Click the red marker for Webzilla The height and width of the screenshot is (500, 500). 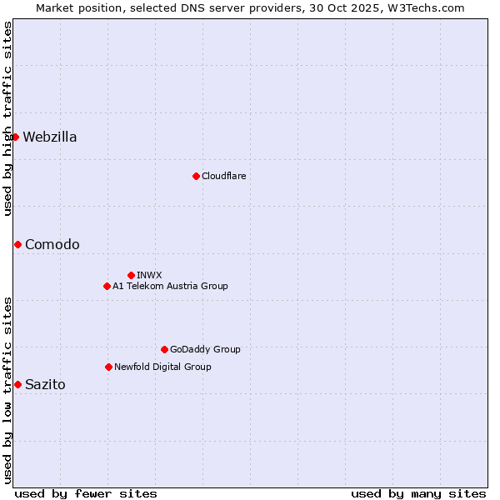tap(15, 137)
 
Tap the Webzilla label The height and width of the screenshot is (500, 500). tap(50, 137)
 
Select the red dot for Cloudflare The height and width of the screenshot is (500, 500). tap(196, 176)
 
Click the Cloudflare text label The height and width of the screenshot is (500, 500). tap(223, 177)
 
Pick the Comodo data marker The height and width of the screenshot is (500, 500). tap(17, 244)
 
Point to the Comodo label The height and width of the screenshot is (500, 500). tap(52, 245)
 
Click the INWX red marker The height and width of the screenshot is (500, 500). tap(131, 275)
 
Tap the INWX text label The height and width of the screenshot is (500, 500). tap(149, 276)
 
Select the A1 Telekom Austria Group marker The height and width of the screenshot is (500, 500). tap(107, 286)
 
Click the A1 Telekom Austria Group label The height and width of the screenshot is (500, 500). tap(170, 287)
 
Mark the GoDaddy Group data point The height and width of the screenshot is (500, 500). tap(164, 349)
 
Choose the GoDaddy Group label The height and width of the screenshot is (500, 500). tap(205, 350)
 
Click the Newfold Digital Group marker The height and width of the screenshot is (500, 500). tap(108, 367)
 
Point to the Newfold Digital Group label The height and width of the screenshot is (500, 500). tap(162, 367)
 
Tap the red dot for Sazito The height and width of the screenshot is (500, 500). tap(17, 384)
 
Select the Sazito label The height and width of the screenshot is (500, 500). tap(45, 385)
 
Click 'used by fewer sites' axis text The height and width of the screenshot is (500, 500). tap(86, 493)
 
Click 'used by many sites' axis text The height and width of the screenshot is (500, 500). tap(418, 493)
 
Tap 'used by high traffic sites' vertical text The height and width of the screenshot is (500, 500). tap(7, 118)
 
